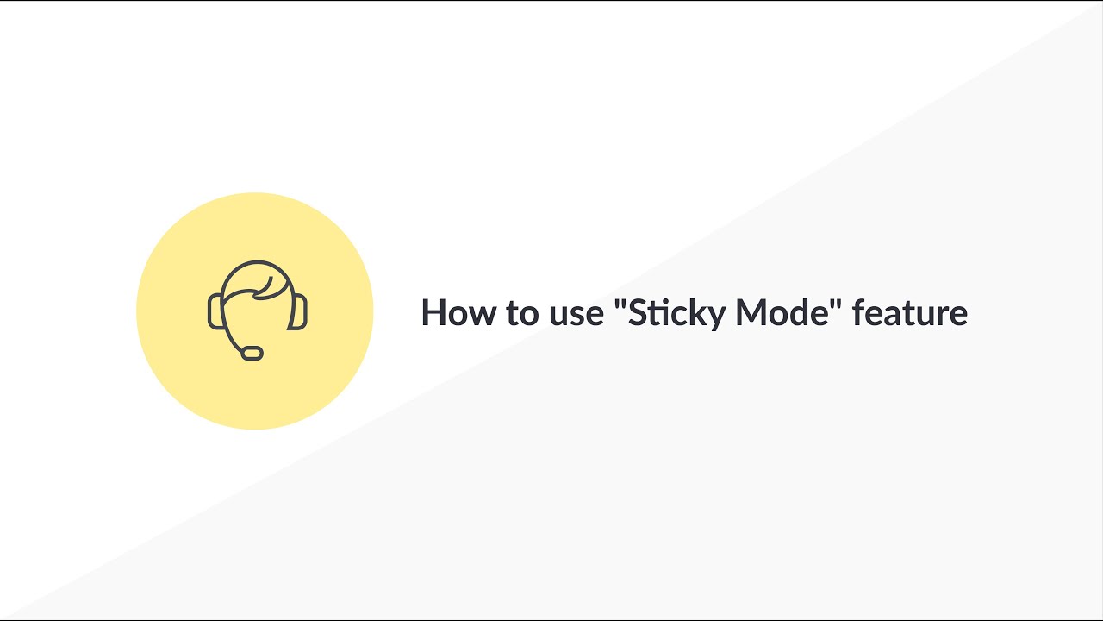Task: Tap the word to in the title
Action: pos(520,312)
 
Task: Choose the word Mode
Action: pos(781,312)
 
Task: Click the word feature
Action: pos(910,312)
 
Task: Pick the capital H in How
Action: pos(433,312)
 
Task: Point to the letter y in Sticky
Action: pos(717,317)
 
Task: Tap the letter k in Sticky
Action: pos(698,312)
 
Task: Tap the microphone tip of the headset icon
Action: pos(252,352)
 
